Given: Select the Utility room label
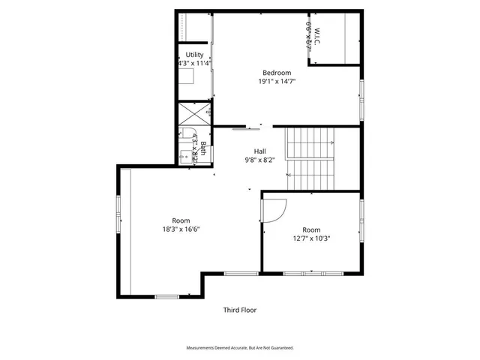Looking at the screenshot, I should point(195,55).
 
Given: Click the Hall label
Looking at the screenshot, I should point(259,150).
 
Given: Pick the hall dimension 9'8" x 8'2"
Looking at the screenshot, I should point(259,160).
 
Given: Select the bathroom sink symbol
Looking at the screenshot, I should point(184,156).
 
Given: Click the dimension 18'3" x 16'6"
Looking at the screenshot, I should point(181,229).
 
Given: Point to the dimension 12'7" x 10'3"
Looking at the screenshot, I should point(311,238).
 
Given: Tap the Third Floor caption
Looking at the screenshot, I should point(240,310).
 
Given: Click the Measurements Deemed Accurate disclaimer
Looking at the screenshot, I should point(240,348).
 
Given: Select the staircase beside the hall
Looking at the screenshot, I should point(311,159).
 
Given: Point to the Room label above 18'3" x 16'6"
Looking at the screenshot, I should point(181,220).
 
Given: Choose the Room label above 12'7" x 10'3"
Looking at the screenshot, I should point(311,229).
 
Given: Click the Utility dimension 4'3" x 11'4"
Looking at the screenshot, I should point(195,64).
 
